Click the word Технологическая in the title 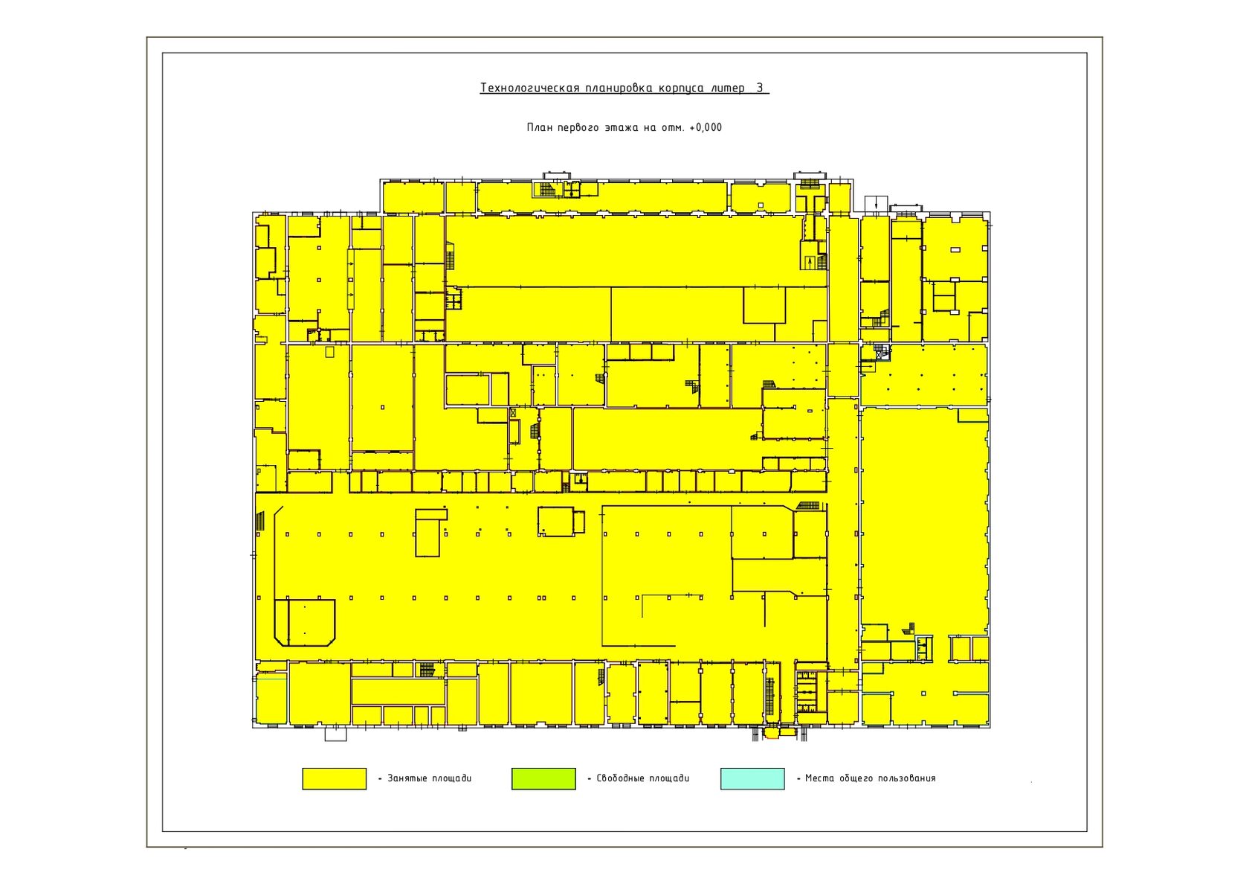point(529,88)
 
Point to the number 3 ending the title point(760,88)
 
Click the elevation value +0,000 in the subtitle point(706,127)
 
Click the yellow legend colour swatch point(334,778)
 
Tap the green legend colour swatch point(543,778)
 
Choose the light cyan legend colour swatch point(752,778)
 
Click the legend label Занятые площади point(430,778)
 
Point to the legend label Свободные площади point(643,778)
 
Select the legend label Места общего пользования point(871,778)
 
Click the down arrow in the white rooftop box point(876,204)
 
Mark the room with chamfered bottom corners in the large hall point(305,623)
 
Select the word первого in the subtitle point(578,127)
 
